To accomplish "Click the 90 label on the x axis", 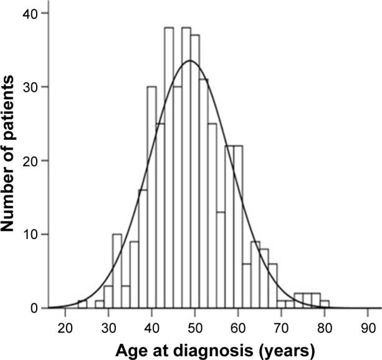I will coord(368,326).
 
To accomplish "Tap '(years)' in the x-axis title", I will coord(279,346).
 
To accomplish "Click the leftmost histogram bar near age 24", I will coord(82,304).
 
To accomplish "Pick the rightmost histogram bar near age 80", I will coord(324,304).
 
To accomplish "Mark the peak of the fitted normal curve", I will coord(191,61).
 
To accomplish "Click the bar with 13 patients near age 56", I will coord(221,260).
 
